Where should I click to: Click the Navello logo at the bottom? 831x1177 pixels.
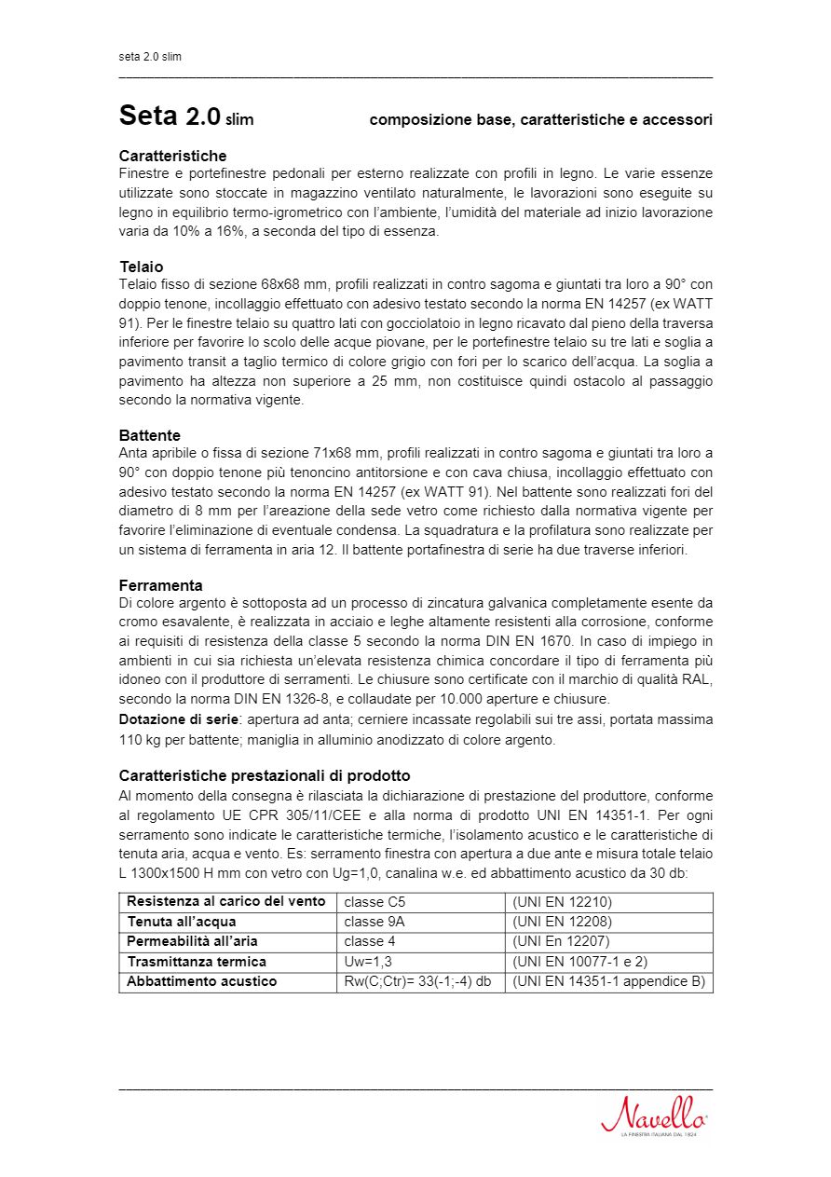point(654,1114)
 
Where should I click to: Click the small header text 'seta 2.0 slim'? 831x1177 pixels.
point(150,57)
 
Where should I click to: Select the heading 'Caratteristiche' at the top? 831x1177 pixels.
point(172,156)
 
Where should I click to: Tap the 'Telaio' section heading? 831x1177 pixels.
point(141,267)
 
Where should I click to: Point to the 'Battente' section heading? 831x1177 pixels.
point(150,435)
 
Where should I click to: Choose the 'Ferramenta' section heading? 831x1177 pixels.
point(160,585)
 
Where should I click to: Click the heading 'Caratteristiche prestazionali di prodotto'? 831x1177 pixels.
point(265,775)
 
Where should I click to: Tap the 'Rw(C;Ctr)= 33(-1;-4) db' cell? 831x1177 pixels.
point(417,981)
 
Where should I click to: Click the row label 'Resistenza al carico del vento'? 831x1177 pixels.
point(226,901)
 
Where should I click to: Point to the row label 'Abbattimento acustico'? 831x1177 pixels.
point(201,981)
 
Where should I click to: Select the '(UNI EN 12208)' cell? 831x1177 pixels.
point(563,922)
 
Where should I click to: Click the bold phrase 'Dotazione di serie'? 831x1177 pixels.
point(177,719)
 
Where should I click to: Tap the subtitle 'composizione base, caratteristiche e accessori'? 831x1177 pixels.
point(540,120)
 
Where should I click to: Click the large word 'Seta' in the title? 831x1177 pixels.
point(148,116)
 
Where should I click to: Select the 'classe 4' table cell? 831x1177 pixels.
point(370,941)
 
